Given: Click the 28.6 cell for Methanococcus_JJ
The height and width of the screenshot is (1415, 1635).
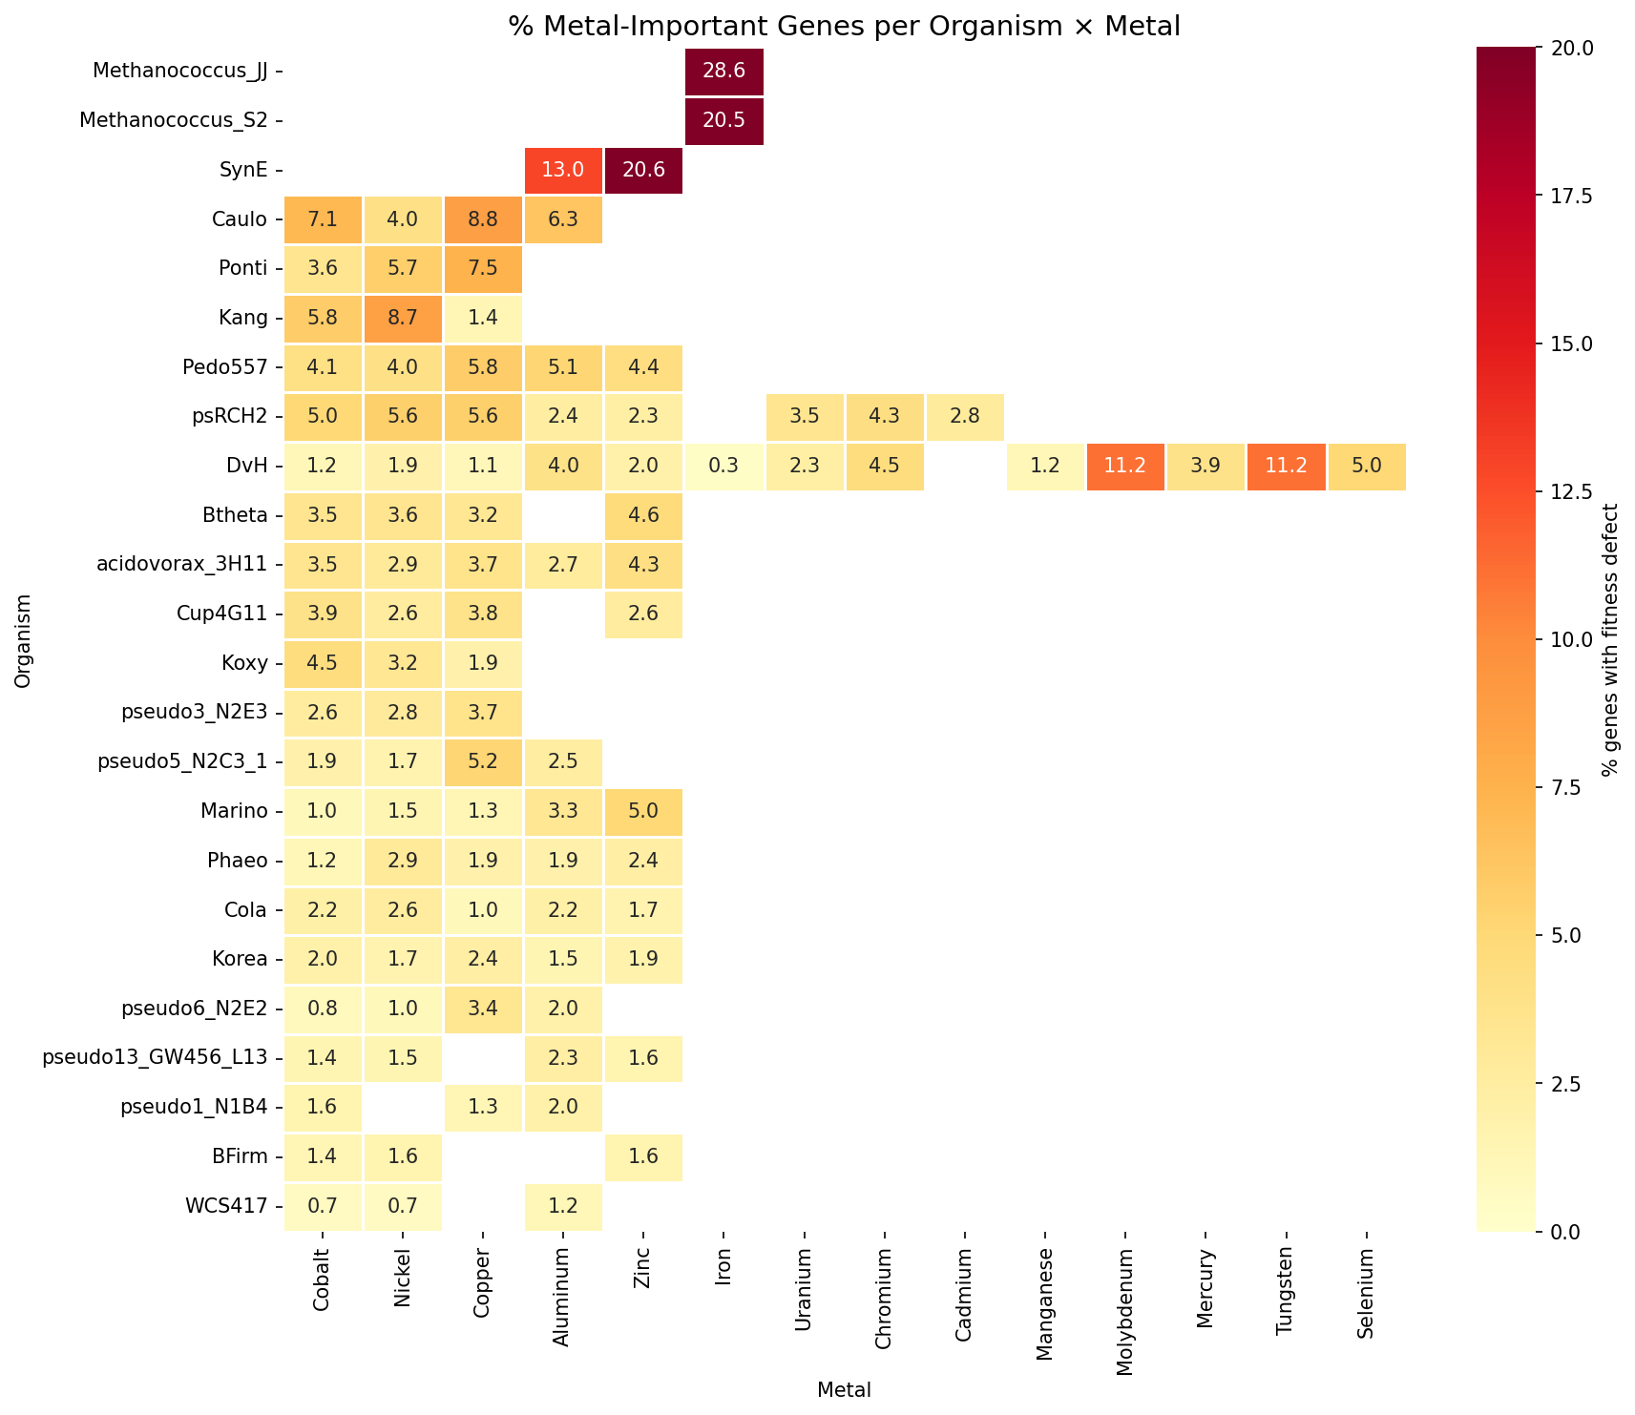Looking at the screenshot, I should pyautogui.click(x=723, y=72).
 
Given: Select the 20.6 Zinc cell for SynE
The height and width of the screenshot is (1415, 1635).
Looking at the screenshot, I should pyautogui.click(x=643, y=170).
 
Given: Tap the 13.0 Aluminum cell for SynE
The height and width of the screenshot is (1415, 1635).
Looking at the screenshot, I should pyautogui.click(x=563, y=170).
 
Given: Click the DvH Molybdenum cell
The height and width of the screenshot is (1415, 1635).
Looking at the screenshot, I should pyautogui.click(x=1124, y=467).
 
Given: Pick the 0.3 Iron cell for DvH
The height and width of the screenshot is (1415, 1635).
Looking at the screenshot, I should pyautogui.click(x=723, y=467).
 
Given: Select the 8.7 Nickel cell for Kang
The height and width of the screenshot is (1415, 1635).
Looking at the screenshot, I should pyautogui.click(x=403, y=318).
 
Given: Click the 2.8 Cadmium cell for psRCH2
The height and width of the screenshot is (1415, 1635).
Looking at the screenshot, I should pyautogui.click(x=964, y=417).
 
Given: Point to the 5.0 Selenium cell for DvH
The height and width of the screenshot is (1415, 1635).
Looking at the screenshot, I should pyautogui.click(x=1365, y=467).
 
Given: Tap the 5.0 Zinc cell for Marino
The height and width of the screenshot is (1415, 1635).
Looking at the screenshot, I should pyautogui.click(x=643, y=812).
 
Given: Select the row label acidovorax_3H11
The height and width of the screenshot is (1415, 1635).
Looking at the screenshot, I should pyautogui.click(x=182, y=565).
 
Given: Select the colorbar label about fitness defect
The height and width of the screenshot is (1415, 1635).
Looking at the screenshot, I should pyautogui.click(x=1610, y=639).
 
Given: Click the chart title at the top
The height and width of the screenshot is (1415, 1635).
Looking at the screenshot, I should pyautogui.click(x=844, y=26).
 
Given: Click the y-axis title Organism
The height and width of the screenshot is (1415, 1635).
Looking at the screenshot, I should pyautogui.click(x=23, y=639).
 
